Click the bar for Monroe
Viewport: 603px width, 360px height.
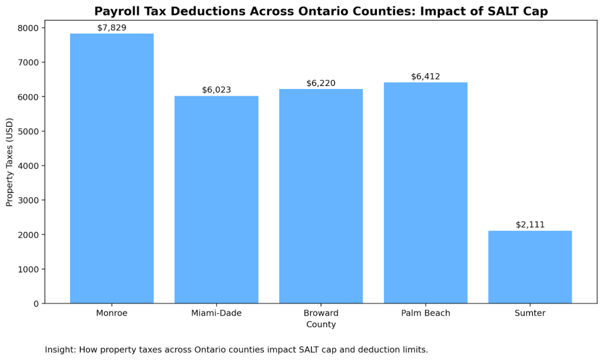coord(112,169)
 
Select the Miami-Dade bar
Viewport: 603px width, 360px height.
coord(216,200)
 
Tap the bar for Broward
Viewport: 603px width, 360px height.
coord(321,196)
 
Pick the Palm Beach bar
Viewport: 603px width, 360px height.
coord(425,193)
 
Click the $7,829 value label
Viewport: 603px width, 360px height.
coord(112,28)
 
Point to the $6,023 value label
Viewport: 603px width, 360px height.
coord(216,90)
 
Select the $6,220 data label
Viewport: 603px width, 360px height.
coord(321,83)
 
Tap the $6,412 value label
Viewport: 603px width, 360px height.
coord(425,77)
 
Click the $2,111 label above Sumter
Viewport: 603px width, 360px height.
coord(530,224)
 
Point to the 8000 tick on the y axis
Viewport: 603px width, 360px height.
coord(28,28)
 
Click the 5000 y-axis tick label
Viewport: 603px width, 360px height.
coord(28,131)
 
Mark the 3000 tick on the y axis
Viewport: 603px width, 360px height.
coord(28,200)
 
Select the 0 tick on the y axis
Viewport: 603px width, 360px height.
coord(36,303)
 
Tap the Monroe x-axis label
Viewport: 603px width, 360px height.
coord(112,313)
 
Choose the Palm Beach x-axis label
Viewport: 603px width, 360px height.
coord(425,313)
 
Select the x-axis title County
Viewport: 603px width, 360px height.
coord(321,325)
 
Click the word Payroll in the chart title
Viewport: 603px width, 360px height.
coord(117,11)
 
